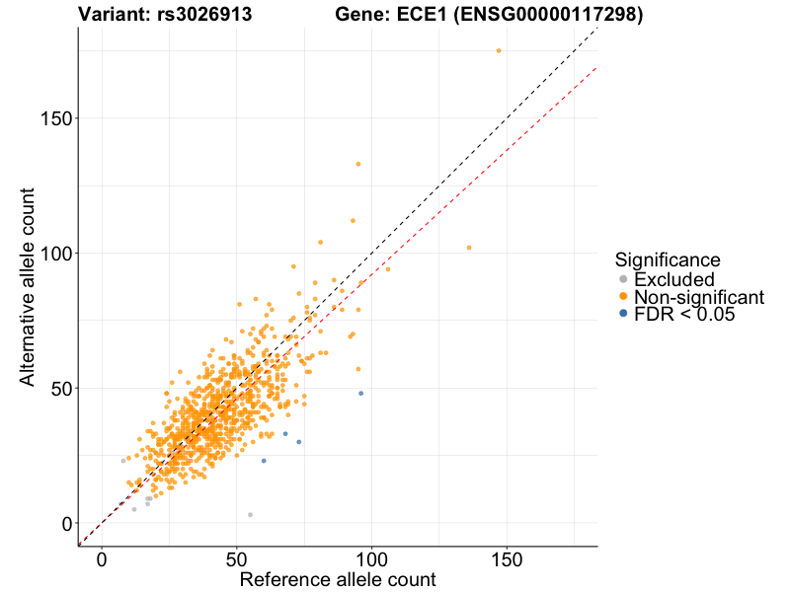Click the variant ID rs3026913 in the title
(205, 15)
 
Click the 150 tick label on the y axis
(55, 118)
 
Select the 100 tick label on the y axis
(55, 254)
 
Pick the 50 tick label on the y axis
(61, 388)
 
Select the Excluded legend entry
(671, 279)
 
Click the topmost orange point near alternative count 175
(499, 50)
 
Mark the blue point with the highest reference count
(360, 393)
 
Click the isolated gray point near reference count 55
(250, 514)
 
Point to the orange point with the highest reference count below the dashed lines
(469, 248)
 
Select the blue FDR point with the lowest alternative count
(264, 461)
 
